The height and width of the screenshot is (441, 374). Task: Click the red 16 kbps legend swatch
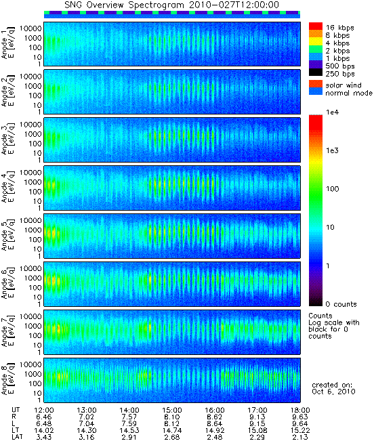tap(316, 26)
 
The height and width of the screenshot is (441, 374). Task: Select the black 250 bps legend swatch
tap(316, 72)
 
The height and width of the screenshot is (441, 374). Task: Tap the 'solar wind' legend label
tap(344, 85)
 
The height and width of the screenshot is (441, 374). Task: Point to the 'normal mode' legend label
tap(349, 93)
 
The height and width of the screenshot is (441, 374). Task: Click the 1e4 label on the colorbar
tap(333, 112)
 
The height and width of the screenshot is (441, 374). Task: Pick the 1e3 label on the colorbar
tap(333, 150)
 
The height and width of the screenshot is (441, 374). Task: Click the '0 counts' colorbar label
tap(341, 304)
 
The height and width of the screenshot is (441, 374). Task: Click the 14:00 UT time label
tap(129, 410)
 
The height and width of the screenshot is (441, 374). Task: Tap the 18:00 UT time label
tap(300, 410)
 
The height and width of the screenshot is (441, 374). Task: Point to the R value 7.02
tap(86, 417)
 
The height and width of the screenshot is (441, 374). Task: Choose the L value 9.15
tap(257, 423)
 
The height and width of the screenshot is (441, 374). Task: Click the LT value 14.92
tap(215, 430)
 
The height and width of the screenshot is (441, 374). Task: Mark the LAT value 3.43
tap(44, 437)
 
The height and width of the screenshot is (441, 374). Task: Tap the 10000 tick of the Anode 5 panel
tap(30, 221)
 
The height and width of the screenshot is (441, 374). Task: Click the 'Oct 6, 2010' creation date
tap(333, 392)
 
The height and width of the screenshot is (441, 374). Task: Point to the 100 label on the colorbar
tap(333, 189)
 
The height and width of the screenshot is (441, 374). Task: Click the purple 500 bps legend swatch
tap(316, 64)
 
